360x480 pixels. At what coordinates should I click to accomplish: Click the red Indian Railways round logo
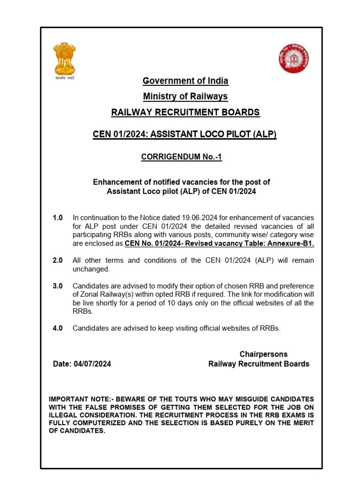pyautogui.click(x=294, y=58)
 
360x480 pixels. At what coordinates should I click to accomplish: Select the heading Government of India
pyautogui.click(x=186, y=81)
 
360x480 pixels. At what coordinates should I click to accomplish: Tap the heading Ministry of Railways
pyautogui.click(x=186, y=97)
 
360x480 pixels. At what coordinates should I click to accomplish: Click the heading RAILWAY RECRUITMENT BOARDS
pyautogui.click(x=185, y=112)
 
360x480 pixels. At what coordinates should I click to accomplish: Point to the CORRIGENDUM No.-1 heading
pyautogui.click(x=181, y=157)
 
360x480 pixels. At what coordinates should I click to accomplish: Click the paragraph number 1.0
pyautogui.click(x=58, y=218)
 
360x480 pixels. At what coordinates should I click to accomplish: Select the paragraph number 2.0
pyautogui.click(x=58, y=260)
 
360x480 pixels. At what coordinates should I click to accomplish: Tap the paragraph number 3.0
pyautogui.click(x=58, y=286)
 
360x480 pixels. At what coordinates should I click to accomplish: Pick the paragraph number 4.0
pyautogui.click(x=58, y=328)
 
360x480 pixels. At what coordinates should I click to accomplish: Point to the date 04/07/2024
pyautogui.click(x=92, y=364)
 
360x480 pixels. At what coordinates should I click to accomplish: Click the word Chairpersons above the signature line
pyautogui.click(x=263, y=354)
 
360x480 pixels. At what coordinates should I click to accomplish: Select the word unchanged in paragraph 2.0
pyautogui.click(x=91, y=269)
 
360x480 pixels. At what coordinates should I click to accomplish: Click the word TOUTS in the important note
pyautogui.click(x=192, y=399)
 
